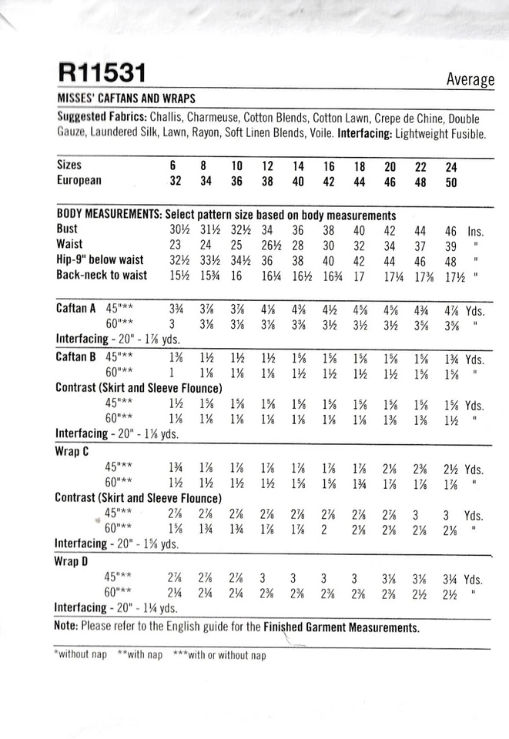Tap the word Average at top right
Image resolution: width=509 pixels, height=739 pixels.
click(470, 79)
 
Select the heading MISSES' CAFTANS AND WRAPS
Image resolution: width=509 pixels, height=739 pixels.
click(126, 99)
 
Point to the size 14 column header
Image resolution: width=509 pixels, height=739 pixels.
click(298, 166)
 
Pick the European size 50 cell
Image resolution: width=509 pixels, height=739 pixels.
click(450, 182)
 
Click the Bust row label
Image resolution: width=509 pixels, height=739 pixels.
click(67, 230)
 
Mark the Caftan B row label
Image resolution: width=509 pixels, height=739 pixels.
click(75, 359)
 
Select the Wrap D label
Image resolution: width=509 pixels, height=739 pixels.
click(74, 562)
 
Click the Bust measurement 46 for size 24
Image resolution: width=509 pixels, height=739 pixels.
click(450, 230)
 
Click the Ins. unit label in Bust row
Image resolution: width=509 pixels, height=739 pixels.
click(477, 231)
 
